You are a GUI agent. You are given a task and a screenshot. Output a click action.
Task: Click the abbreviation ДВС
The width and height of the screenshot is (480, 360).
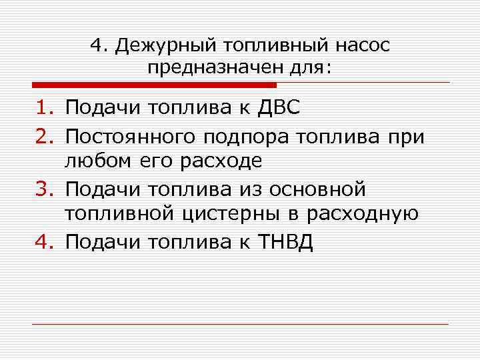click(284, 107)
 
